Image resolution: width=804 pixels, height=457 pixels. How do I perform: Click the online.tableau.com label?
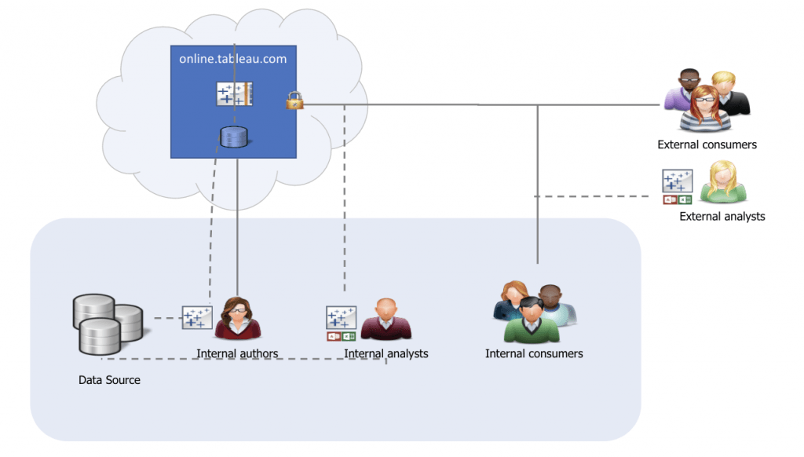coord(232,58)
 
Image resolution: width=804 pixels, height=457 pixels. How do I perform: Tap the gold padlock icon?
coord(294,101)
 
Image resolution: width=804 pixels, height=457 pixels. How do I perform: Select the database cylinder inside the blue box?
coord(234,138)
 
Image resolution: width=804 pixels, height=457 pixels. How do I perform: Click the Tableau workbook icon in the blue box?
coord(234,94)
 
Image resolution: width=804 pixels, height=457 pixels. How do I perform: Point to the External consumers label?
coord(707,144)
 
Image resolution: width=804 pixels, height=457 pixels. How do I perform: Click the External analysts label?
coord(722,216)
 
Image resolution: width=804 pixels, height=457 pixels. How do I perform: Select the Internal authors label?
coord(237,353)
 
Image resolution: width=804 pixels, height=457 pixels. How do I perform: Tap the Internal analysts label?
coord(386,353)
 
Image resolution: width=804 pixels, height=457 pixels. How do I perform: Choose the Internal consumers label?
coord(534,353)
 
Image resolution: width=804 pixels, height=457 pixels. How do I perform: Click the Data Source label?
coord(109,380)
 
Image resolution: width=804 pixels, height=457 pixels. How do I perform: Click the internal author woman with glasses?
coord(237,318)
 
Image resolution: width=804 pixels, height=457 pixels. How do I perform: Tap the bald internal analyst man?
coord(386,318)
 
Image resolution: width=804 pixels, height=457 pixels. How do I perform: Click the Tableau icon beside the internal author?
coord(197,317)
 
